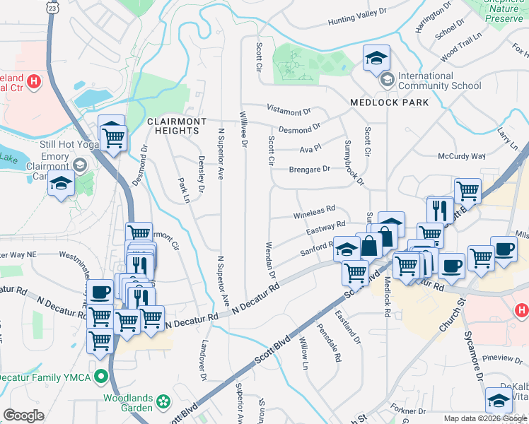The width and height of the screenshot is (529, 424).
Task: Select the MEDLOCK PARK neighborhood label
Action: tap(379, 102)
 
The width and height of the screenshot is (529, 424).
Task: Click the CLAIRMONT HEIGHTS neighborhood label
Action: tap(177, 126)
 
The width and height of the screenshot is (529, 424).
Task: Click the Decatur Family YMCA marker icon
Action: tap(100, 377)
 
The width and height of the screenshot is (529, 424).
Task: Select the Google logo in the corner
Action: tap(23, 416)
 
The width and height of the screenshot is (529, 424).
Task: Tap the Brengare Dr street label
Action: tap(310, 170)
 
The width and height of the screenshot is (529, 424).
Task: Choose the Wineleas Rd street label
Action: tap(313, 211)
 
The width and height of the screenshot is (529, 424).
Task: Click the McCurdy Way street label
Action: tap(462, 156)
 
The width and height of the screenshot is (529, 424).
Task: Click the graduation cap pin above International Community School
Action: tap(377, 57)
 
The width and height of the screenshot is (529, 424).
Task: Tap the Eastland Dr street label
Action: tap(349, 326)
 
